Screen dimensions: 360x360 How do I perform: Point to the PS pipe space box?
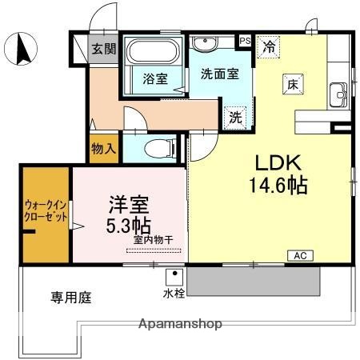[246, 39]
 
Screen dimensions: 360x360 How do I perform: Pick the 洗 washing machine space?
[236, 116]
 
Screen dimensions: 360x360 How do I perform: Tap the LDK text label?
[278, 163]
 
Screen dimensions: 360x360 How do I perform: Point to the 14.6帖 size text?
[278, 186]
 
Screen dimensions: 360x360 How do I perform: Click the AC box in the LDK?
[299, 255]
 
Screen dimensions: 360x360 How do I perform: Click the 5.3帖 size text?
[128, 226]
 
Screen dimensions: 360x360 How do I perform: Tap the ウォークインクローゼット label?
[46, 210]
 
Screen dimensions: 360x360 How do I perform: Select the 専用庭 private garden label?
[71, 298]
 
